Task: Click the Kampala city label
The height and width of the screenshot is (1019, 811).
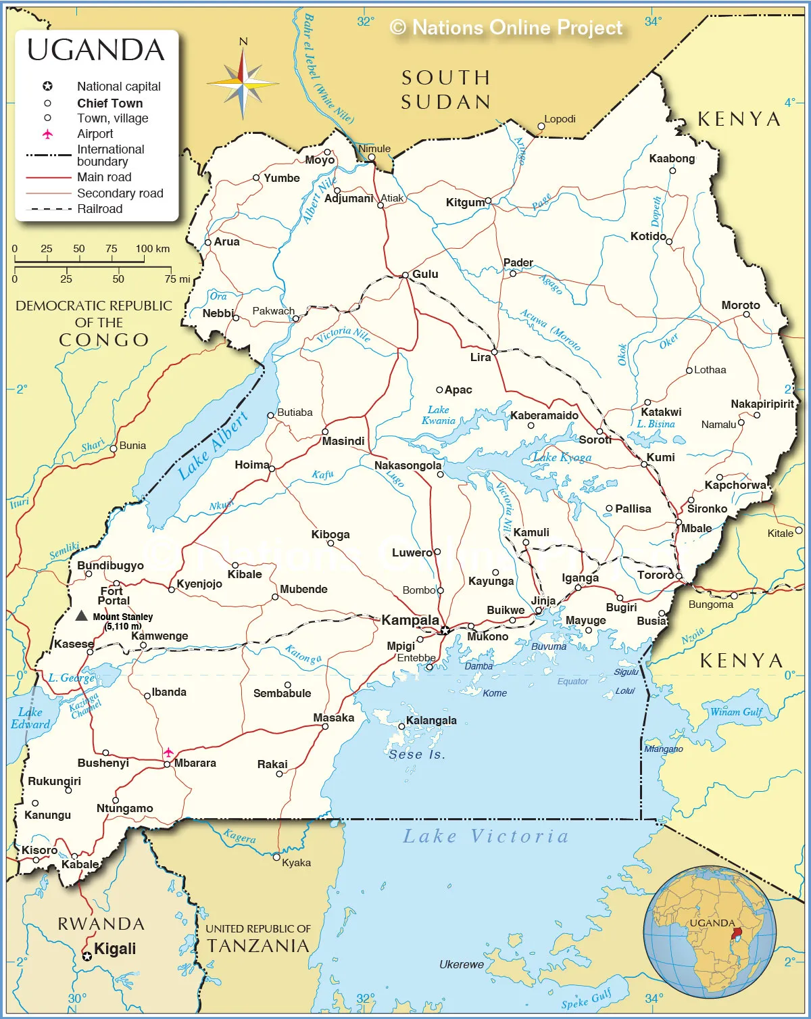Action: pyautogui.click(x=410, y=620)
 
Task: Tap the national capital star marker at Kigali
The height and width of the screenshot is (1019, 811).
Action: pyautogui.click(x=87, y=956)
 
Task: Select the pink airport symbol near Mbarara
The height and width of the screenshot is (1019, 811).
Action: pyautogui.click(x=168, y=752)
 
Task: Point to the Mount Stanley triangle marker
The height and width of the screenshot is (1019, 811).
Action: pyautogui.click(x=81, y=615)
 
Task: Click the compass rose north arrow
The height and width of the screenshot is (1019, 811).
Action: pyautogui.click(x=243, y=54)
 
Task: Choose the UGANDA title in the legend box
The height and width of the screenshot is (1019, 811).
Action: pyautogui.click(x=96, y=51)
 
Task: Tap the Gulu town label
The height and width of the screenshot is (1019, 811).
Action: pyautogui.click(x=425, y=274)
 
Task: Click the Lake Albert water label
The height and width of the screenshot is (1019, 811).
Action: pyautogui.click(x=213, y=446)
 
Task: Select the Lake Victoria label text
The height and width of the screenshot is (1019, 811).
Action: pyautogui.click(x=486, y=836)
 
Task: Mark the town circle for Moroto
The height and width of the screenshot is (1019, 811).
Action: pyautogui.click(x=746, y=314)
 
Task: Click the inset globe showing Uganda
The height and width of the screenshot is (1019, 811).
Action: pyautogui.click(x=710, y=932)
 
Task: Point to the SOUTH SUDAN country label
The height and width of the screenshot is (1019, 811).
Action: pyautogui.click(x=446, y=90)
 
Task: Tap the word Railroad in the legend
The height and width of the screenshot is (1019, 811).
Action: pyautogui.click(x=100, y=209)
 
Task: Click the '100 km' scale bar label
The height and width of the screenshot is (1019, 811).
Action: pyautogui.click(x=153, y=248)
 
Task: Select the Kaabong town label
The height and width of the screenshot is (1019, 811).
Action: pyautogui.click(x=672, y=158)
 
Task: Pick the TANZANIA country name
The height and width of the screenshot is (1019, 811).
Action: pyautogui.click(x=258, y=946)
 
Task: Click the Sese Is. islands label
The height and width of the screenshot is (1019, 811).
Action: pyautogui.click(x=417, y=754)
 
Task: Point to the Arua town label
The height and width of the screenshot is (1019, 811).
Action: pyautogui.click(x=227, y=241)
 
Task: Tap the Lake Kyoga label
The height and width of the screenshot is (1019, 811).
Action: pyautogui.click(x=562, y=457)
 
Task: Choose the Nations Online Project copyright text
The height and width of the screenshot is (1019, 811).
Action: pyautogui.click(x=506, y=28)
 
